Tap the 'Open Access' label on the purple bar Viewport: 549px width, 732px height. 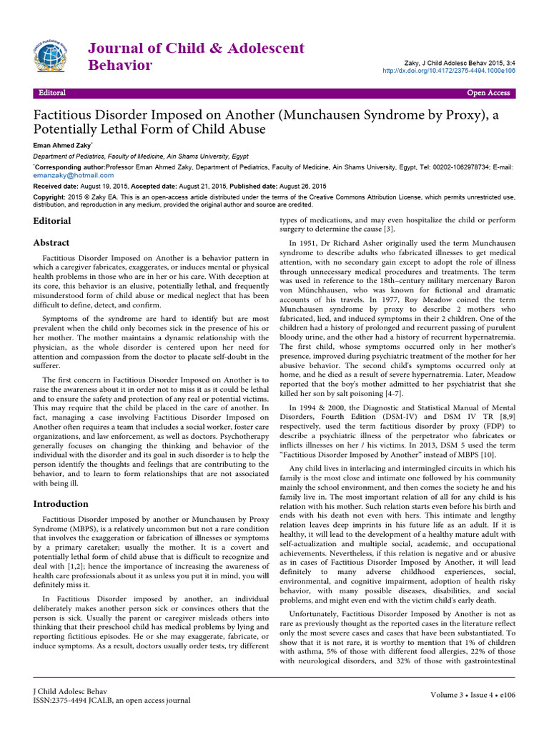(x=488, y=93)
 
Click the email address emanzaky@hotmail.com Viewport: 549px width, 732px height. (x=67, y=174)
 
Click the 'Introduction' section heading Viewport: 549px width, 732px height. (x=62, y=503)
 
